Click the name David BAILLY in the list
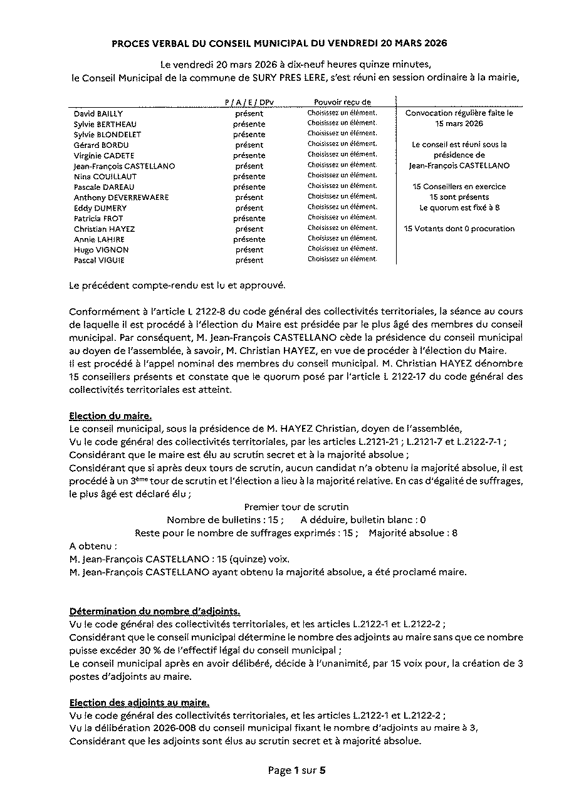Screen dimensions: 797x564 (98, 113)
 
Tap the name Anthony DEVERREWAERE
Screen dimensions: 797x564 (121, 197)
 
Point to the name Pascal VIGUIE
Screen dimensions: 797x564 (98, 260)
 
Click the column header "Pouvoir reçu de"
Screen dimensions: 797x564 (342, 102)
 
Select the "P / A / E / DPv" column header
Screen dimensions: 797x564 (249, 102)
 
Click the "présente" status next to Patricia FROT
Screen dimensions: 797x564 (249, 219)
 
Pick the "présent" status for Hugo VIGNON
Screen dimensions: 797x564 (249, 250)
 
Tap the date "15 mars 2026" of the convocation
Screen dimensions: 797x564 (459, 124)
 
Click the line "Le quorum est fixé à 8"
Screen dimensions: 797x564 (459, 207)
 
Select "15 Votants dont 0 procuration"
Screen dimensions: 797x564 (459, 229)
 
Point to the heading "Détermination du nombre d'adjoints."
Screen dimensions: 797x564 (154, 611)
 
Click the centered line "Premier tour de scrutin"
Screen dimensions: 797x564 (296, 506)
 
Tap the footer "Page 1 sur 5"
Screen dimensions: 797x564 (296, 771)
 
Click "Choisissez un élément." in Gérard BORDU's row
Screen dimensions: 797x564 (342, 145)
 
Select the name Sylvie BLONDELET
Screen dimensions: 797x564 (107, 135)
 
